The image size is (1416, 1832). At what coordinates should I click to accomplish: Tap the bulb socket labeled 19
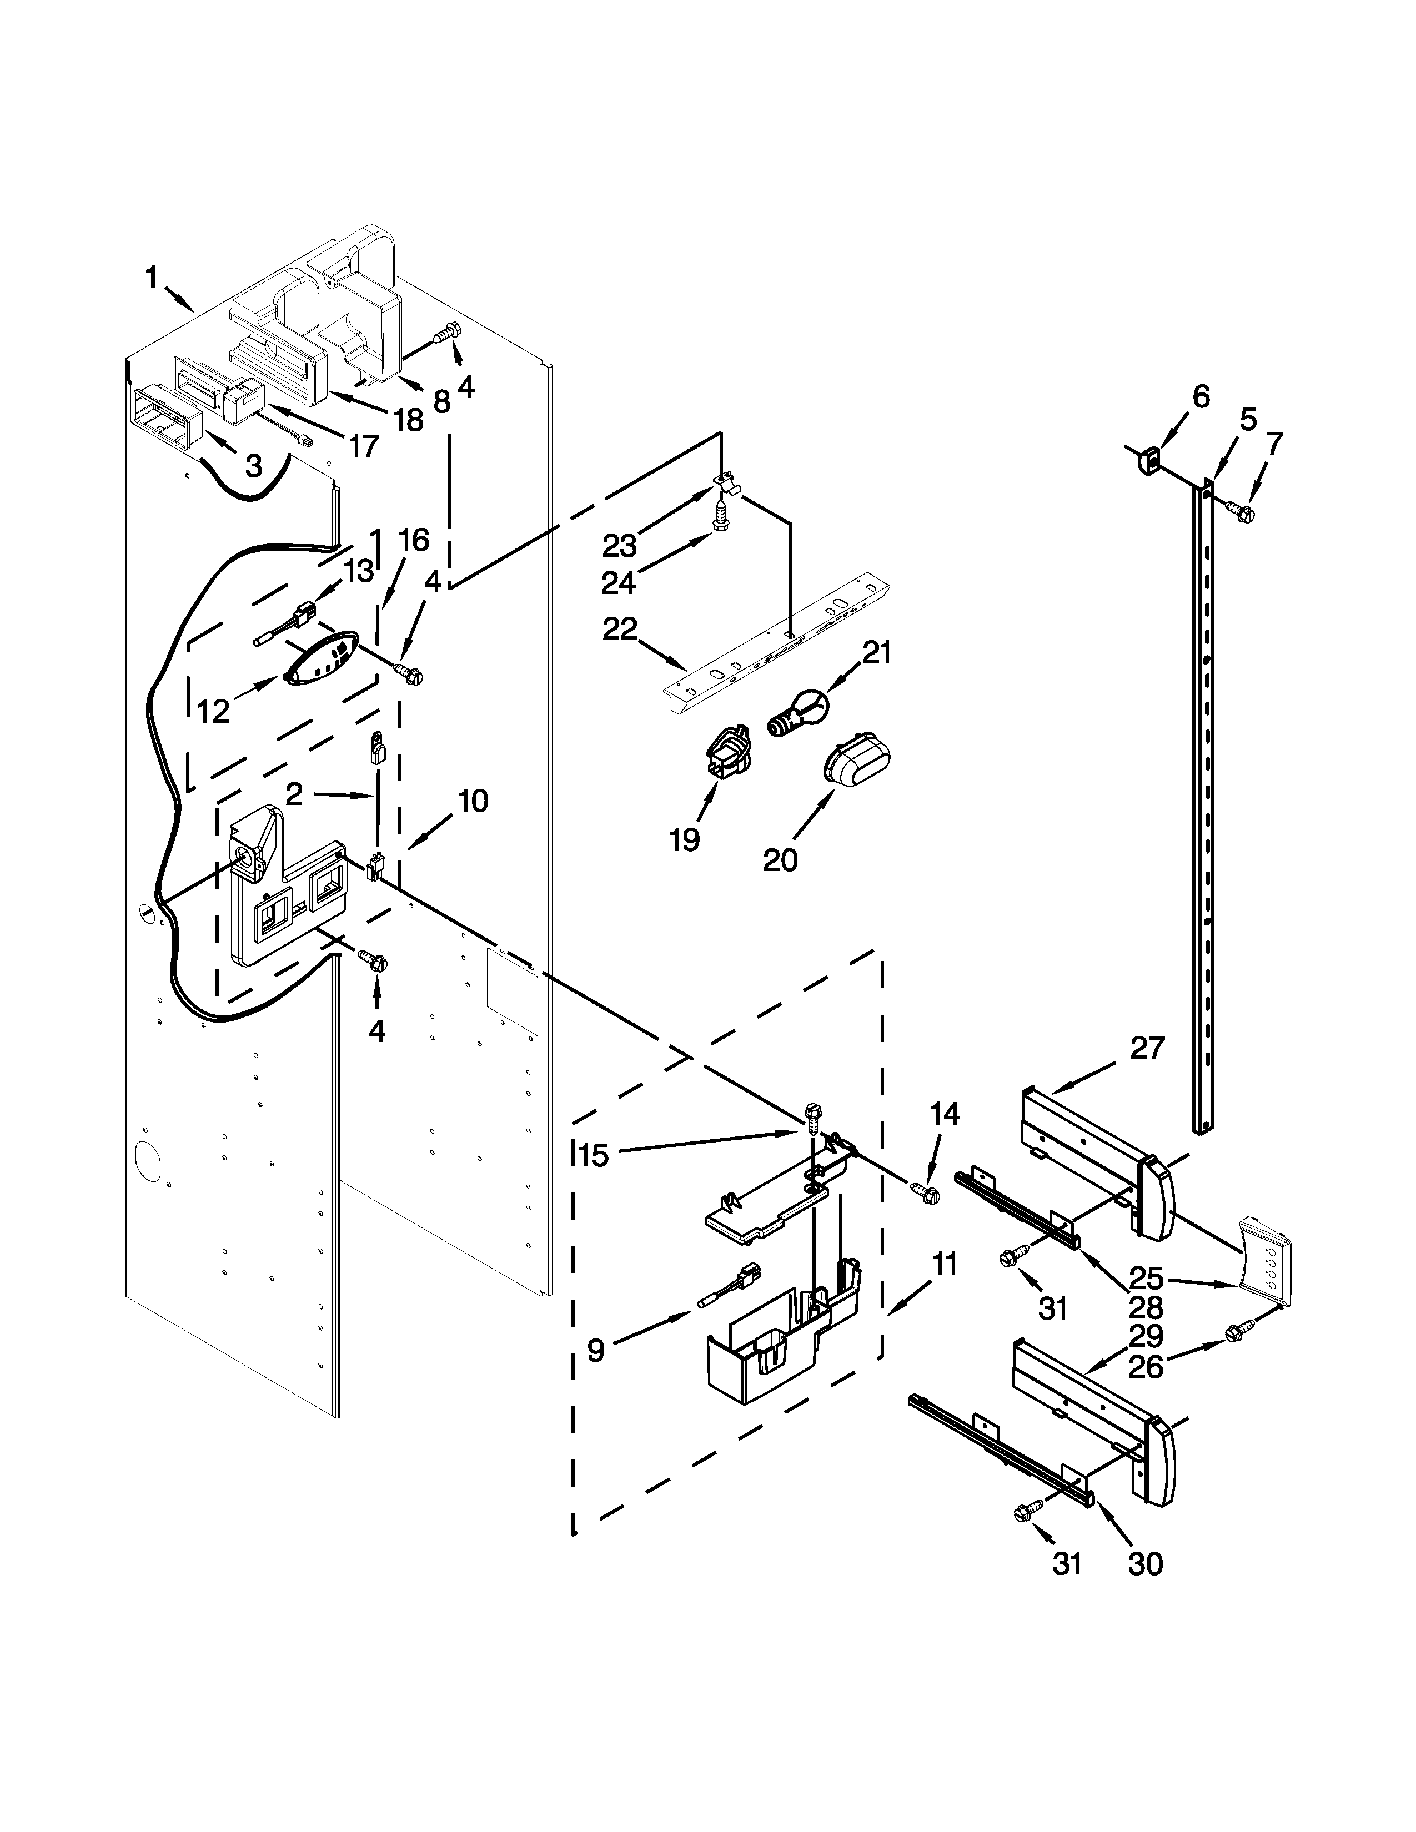pos(728,748)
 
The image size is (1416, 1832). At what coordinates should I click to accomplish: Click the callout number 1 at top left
pos(152,278)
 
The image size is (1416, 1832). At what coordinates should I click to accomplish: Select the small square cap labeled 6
pos(1148,460)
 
